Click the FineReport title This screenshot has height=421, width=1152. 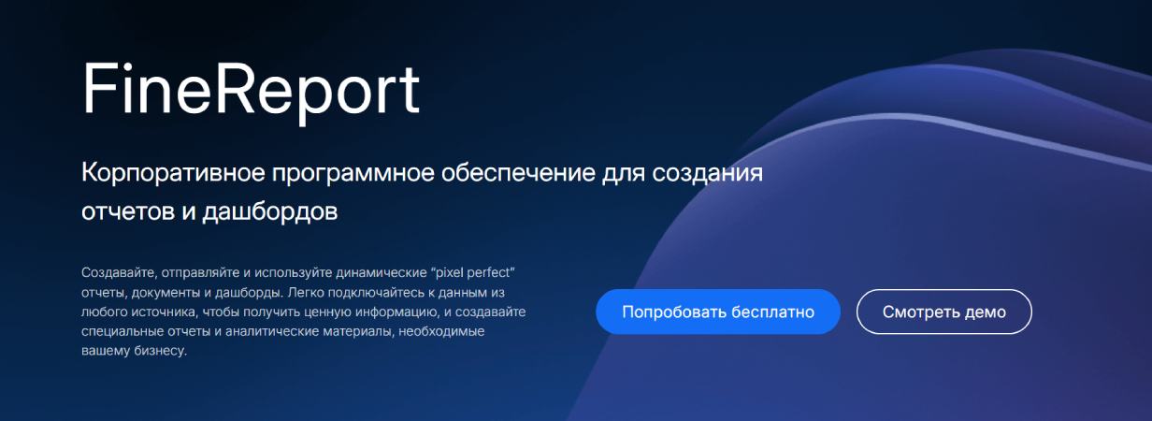click(x=251, y=91)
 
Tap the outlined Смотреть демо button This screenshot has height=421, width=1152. click(x=943, y=312)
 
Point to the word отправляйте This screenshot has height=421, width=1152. click(x=201, y=272)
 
